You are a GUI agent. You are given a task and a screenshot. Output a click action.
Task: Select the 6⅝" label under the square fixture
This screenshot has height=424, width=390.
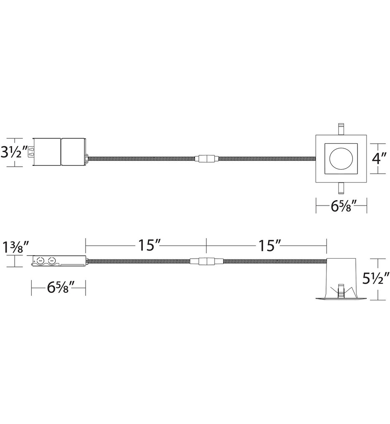[341, 206]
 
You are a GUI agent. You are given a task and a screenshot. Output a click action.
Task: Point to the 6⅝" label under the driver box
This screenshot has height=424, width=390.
[58, 288]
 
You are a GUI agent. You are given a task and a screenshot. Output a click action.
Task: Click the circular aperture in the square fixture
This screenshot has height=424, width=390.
[341, 160]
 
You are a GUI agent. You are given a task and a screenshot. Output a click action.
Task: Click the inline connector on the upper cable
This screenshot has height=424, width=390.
[207, 158]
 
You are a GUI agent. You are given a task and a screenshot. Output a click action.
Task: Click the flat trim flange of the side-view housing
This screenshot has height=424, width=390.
[341, 298]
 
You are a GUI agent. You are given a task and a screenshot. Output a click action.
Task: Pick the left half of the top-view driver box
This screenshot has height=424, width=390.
[46, 152]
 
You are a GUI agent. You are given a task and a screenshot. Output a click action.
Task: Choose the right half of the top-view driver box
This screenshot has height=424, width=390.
[73, 152]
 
